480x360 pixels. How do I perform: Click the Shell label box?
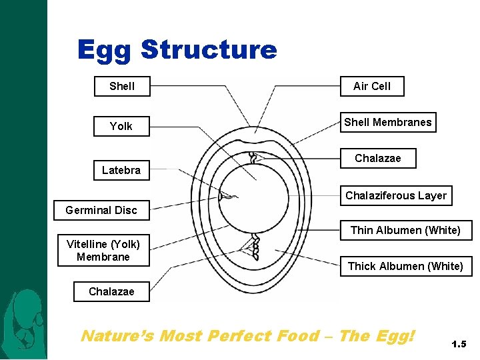click(x=122, y=86)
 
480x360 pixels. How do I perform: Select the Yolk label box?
click(x=121, y=126)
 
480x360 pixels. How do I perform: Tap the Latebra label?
click(x=121, y=171)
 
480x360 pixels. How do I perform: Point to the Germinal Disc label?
click(x=101, y=210)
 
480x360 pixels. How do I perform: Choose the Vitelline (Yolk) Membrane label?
click(x=103, y=250)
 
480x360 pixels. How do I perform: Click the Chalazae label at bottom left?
click(x=111, y=291)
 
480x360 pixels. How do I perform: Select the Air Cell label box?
click(x=372, y=86)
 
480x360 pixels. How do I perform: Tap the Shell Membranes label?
click(x=388, y=122)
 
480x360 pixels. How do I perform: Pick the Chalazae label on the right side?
click(x=378, y=158)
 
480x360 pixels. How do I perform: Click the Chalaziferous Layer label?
click(x=396, y=195)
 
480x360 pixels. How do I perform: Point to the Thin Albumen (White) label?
click(x=405, y=230)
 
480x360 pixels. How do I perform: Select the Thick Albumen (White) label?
click(x=405, y=266)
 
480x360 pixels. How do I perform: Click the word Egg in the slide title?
click(x=104, y=50)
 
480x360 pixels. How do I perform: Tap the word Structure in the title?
click(x=209, y=50)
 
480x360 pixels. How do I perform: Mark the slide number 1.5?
click(x=459, y=345)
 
